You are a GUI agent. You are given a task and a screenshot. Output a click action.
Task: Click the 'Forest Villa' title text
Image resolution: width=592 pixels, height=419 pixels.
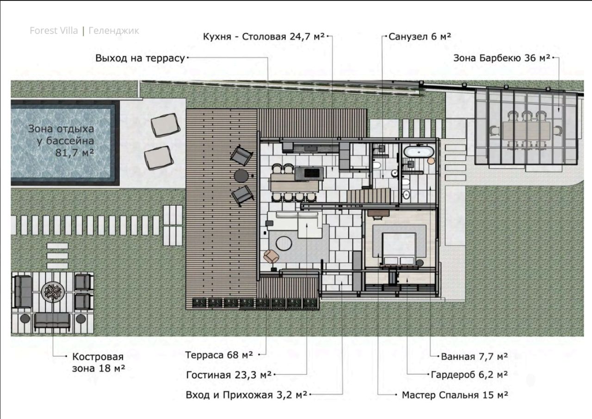point(54,31)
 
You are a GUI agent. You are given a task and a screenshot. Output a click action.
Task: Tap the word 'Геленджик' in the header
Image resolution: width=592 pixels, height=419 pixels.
point(114,31)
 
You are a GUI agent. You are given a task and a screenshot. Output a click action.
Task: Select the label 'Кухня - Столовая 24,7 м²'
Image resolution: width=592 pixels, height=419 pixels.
point(264,37)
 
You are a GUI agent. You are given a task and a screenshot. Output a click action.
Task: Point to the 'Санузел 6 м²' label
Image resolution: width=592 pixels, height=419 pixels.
point(419,37)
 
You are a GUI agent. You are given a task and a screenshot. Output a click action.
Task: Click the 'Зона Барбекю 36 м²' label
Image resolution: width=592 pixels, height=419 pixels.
point(502,58)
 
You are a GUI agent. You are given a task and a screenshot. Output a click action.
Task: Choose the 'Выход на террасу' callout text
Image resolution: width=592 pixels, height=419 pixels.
point(140,58)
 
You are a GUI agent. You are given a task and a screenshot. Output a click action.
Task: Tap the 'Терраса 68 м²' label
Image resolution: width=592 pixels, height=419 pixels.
point(219,355)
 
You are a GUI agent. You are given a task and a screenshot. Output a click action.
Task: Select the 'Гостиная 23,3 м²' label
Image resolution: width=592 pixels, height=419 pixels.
point(228,375)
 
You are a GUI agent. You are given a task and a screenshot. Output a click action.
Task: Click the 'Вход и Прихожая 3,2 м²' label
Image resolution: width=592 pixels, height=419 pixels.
point(247,395)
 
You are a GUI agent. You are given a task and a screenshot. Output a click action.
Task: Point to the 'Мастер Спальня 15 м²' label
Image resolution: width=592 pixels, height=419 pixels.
point(455,395)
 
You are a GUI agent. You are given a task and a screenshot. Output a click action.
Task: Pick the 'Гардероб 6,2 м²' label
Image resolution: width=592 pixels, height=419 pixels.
point(469,375)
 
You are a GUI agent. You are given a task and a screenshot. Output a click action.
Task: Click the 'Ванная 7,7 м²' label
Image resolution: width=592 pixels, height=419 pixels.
point(475,357)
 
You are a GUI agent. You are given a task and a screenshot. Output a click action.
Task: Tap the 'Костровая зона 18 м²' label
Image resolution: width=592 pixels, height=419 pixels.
point(99,363)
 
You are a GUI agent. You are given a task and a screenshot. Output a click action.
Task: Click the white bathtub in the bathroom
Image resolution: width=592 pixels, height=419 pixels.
point(419,153)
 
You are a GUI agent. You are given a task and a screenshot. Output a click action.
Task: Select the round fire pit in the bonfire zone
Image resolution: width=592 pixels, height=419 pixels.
point(53,292)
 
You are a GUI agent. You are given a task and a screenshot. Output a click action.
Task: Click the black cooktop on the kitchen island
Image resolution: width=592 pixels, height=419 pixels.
point(313,173)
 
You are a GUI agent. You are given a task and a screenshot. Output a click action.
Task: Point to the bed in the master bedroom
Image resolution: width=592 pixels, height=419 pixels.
point(399,248)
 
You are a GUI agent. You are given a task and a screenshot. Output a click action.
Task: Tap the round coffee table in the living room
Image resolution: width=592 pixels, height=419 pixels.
point(284,243)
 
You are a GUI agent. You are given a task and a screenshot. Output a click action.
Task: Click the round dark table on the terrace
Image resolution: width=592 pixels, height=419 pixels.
point(241,176)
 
